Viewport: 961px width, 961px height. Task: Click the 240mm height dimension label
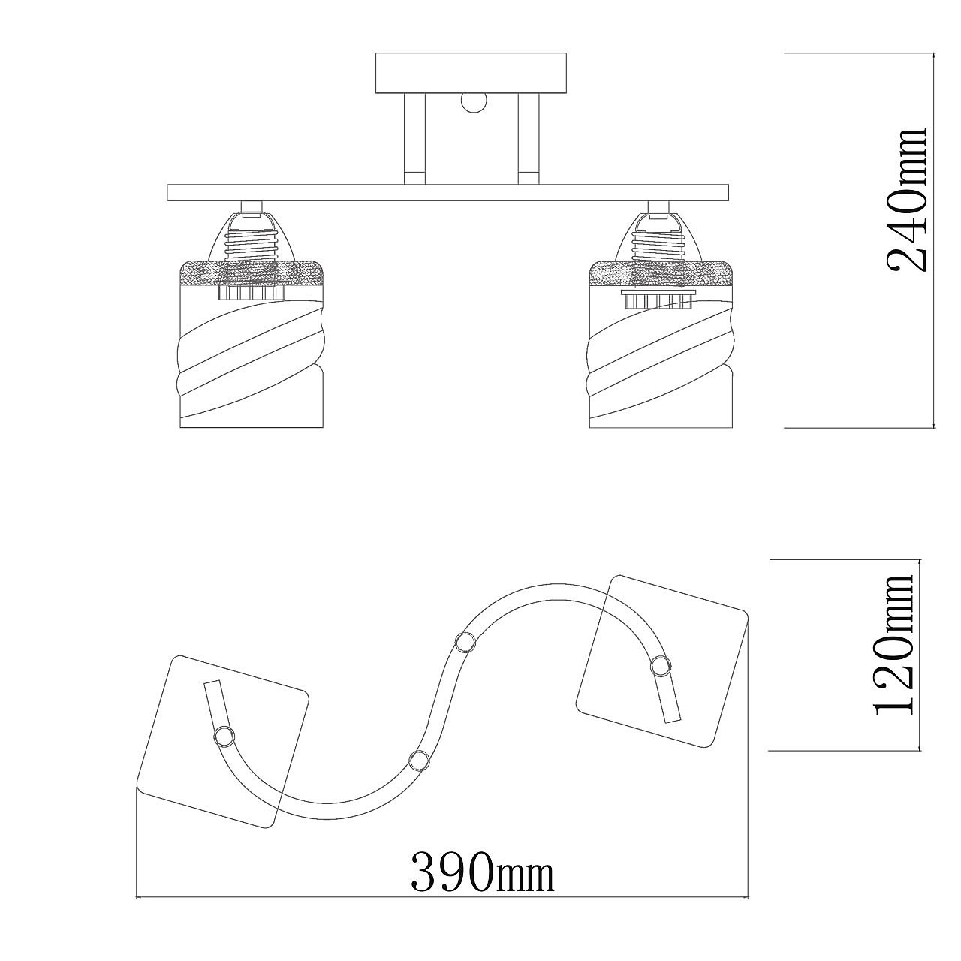tap(906, 200)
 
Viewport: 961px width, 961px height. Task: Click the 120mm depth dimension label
tap(894, 652)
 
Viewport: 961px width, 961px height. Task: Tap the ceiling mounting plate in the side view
tap(471, 73)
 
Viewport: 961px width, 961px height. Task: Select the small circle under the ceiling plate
tap(473, 102)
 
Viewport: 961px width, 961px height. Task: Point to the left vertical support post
tap(414, 139)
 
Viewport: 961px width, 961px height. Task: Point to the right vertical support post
tap(528, 139)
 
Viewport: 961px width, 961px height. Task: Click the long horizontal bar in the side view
tap(447, 192)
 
